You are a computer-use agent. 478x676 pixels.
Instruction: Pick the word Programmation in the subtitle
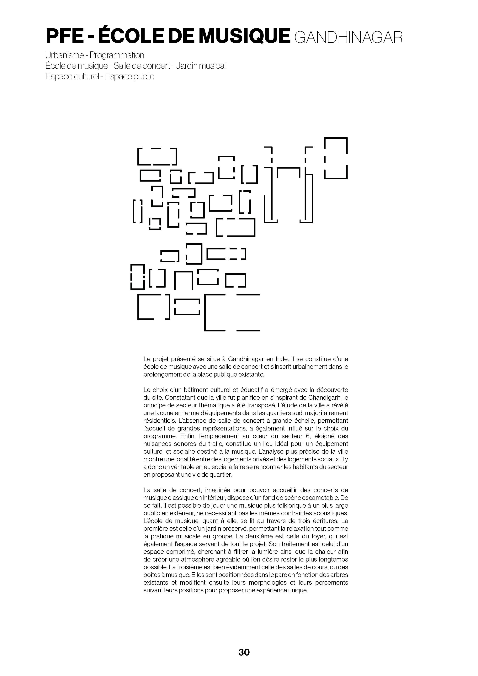117,55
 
